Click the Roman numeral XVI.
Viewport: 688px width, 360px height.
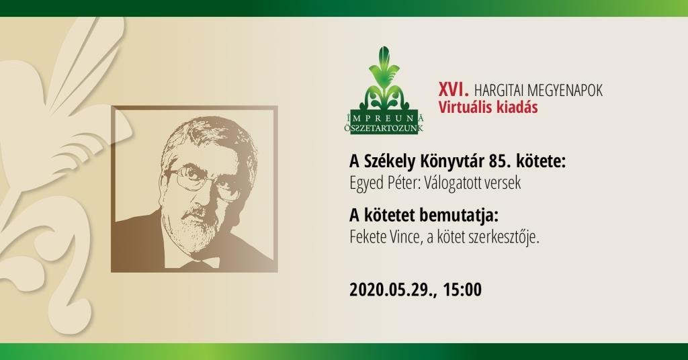[454, 90]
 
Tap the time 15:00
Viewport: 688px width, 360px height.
[462, 290]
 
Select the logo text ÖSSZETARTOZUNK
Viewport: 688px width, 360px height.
[384, 128]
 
